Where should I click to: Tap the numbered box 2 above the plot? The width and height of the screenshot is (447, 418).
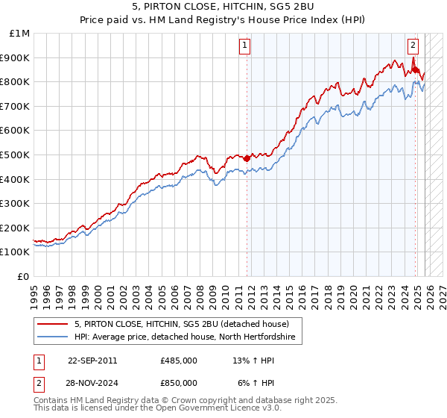click(413, 45)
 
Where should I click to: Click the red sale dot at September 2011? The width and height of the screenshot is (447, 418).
click(247, 158)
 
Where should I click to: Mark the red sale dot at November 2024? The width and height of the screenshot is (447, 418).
click(415, 69)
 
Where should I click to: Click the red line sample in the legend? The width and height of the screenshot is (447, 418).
click(53, 324)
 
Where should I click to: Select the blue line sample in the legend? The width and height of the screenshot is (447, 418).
click(53, 337)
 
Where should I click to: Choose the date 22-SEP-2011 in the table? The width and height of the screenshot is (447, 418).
click(92, 361)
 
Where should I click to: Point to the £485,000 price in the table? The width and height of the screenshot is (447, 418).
click(179, 361)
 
